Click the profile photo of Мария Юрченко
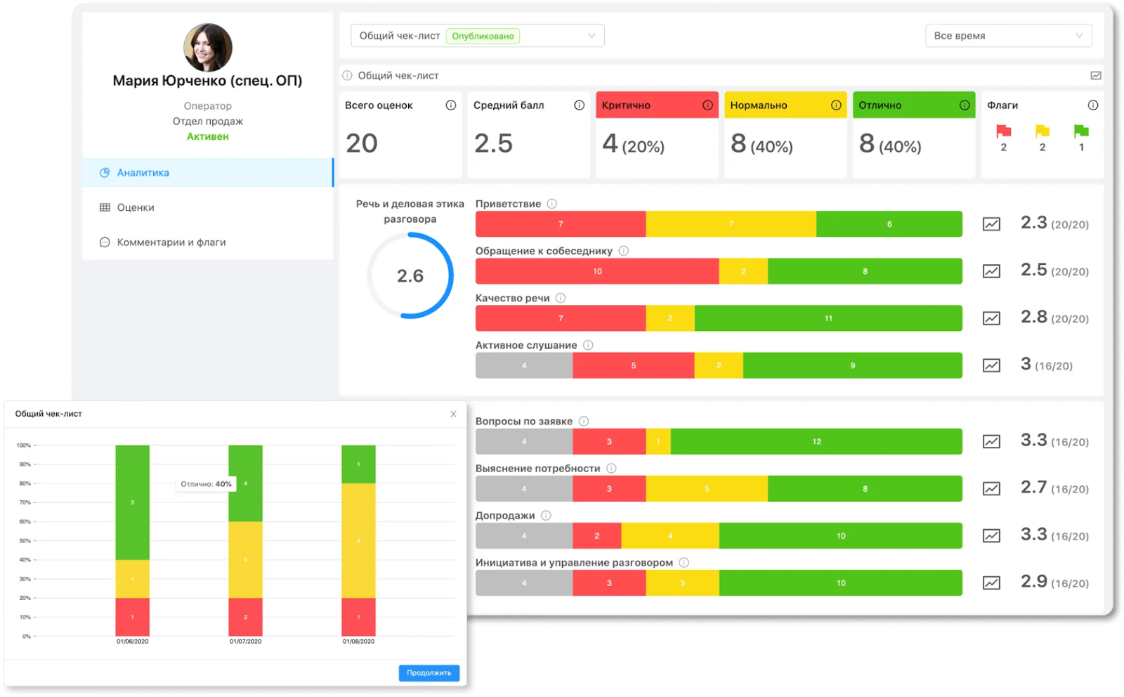[208, 47]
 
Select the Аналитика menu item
[143, 173]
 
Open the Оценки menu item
[135, 207]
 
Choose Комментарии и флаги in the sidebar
[171, 242]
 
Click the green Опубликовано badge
[483, 36]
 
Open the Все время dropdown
[1007, 36]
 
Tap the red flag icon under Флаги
[1003, 131]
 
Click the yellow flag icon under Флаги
[1042, 131]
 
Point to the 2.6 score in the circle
[410, 275]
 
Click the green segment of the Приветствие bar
[889, 224]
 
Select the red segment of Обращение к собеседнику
[597, 271]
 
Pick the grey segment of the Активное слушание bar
[524, 365]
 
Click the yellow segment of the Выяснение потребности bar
[706, 489]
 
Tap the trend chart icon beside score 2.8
[991, 318]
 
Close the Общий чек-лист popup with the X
[453, 414]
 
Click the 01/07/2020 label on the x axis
[245, 641]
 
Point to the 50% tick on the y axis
[25, 541]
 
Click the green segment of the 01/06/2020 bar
[133, 502]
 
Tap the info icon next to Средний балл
[579, 105]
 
